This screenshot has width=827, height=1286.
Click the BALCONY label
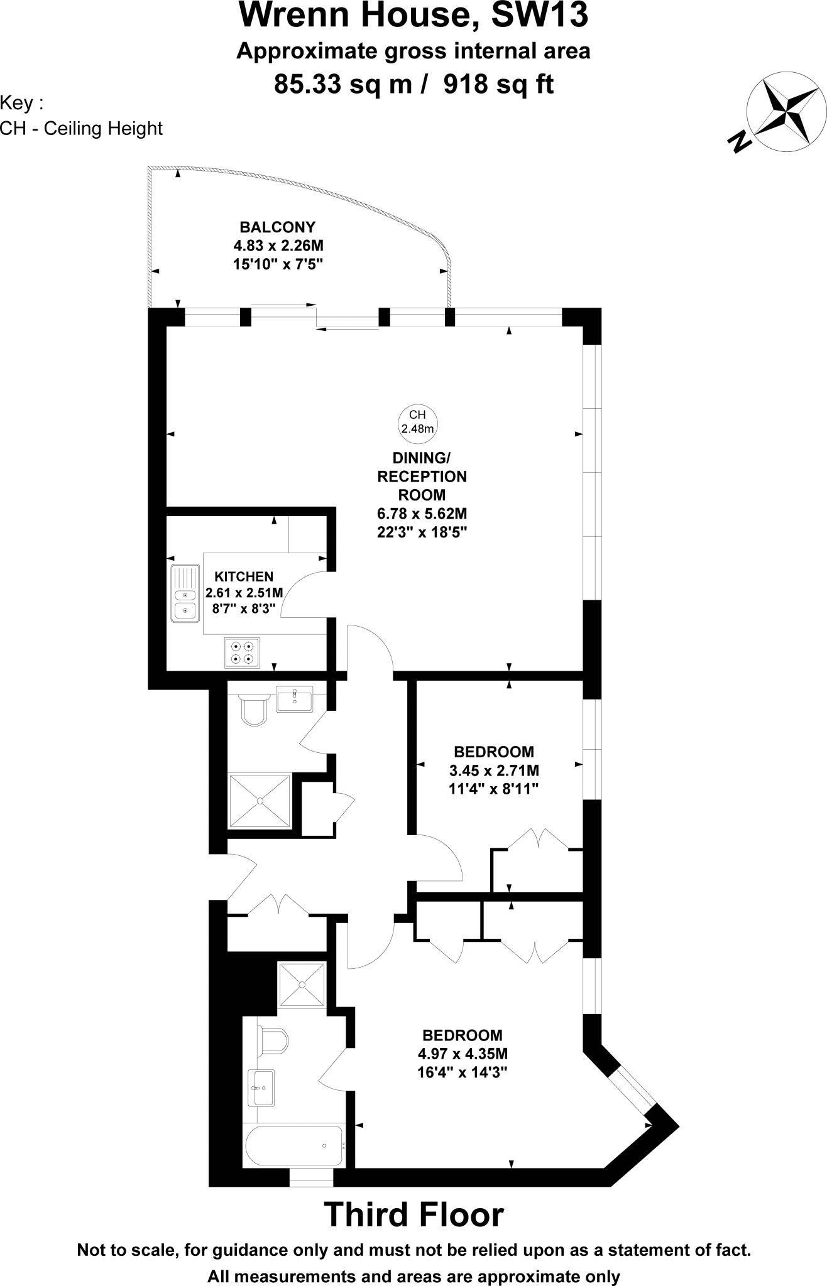(277, 227)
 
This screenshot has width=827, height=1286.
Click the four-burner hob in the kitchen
(243, 652)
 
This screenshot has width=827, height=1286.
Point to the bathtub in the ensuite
(294, 1146)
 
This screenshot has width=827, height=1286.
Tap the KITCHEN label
(244, 576)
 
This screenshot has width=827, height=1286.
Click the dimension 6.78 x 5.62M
(422, 514)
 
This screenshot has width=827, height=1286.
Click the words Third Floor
(413, 1214)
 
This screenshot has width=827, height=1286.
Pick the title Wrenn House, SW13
(413, 15)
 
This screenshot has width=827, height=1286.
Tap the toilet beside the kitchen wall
(255, 710)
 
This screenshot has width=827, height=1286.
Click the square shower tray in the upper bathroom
(260, 801)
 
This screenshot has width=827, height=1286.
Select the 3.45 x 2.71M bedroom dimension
(494, 770)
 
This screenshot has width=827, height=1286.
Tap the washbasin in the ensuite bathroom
(261, 1088)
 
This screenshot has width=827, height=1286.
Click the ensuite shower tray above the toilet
(302, 986)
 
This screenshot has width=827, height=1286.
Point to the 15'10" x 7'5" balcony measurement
(277, 264)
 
